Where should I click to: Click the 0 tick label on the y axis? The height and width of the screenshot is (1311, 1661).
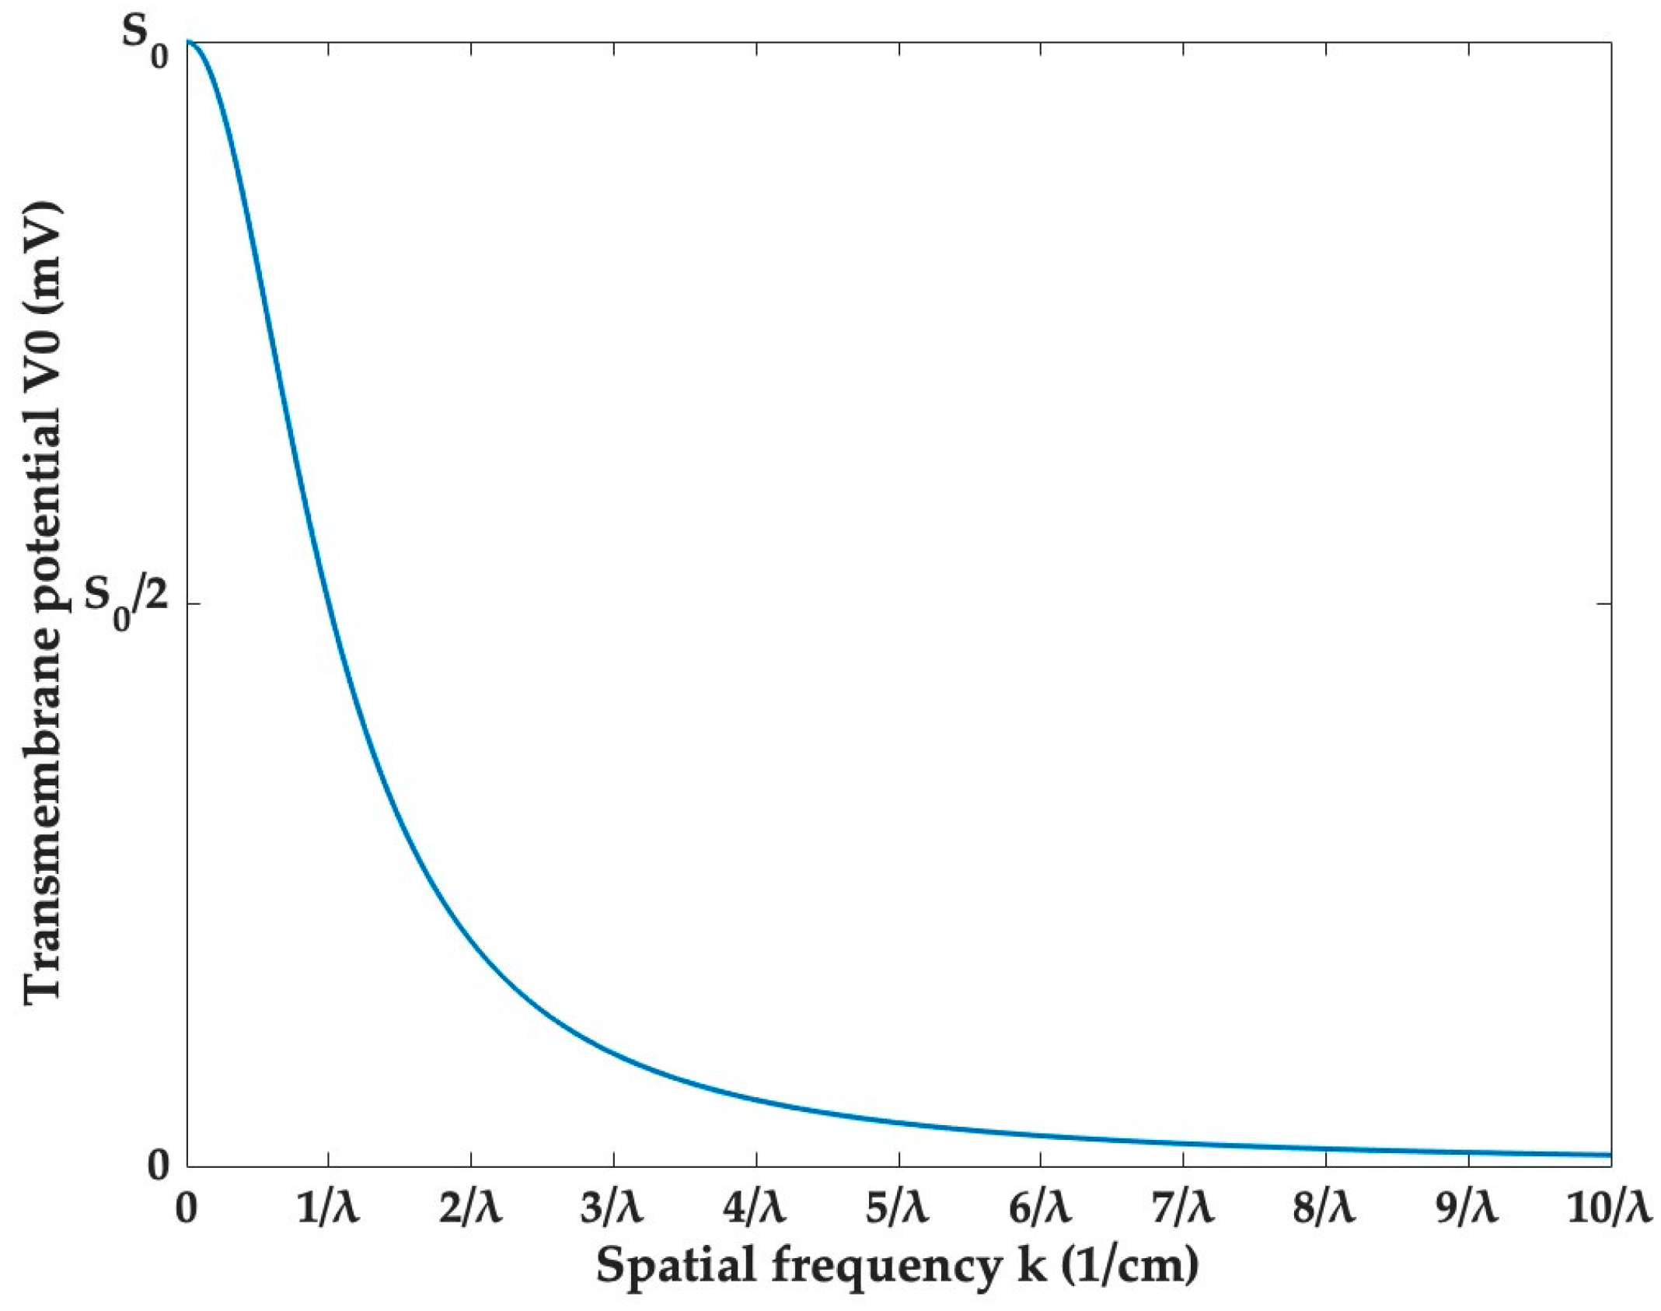pos(159,1165)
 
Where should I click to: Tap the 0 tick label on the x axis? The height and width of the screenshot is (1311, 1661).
pos(187,1211)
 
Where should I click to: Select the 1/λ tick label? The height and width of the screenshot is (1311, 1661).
pos(328,1211)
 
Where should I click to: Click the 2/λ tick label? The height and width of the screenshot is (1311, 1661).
pos(470,1211)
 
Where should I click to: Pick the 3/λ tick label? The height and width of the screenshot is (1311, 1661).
pos(612,1211)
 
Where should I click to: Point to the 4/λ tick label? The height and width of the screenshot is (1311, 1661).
pos(755,1211)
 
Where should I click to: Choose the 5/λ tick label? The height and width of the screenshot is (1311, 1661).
pos(898,1211)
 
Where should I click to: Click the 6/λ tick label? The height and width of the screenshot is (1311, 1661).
pos(1040,1211)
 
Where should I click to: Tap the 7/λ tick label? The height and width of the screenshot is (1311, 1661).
pos(1182,1211)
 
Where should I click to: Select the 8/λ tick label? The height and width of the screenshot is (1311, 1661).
pos(1324,1211)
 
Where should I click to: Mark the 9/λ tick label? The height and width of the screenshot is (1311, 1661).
pos(1467,1211)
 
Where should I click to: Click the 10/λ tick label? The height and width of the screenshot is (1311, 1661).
pos(1607,1211)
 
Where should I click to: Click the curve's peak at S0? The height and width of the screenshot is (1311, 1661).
pos(188,43)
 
